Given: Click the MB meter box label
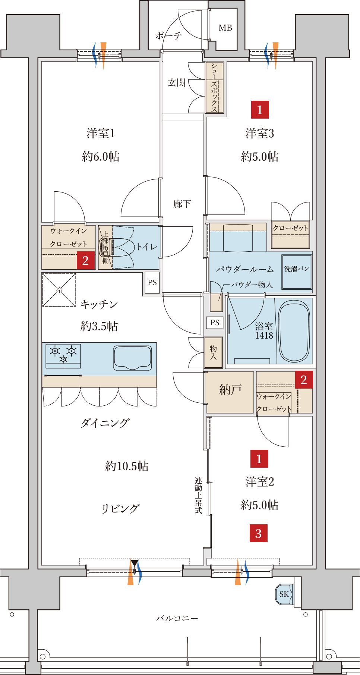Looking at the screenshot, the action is tap(225, 28).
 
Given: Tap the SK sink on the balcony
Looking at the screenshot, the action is tap(284, 594).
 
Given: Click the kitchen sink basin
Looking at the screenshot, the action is tap(133, 358).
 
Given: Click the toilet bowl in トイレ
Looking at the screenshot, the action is tap(107, 247).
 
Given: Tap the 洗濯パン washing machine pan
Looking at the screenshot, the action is tap(297, 272).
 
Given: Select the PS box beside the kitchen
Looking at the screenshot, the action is tap(152, 283).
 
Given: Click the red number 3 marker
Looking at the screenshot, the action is tap(259, 533).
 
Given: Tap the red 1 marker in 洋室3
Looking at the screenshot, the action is tap(260, 110).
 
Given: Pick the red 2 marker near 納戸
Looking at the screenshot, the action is tap(304, 379).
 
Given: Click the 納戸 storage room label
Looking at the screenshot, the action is tap(230, 390).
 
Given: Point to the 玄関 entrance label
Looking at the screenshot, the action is tap(177, 82).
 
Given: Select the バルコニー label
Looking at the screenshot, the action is tap(177, 618).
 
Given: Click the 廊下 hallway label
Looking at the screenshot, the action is tap(182, 204).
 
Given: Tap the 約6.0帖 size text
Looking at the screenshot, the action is tap(101, 156).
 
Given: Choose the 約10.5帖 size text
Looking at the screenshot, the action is tap(127, 466).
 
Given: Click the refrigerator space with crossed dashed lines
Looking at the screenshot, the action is tap(59, 290).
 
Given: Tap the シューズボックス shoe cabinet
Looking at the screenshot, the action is tap(215, 88).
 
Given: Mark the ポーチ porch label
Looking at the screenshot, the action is tap(168, 35).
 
